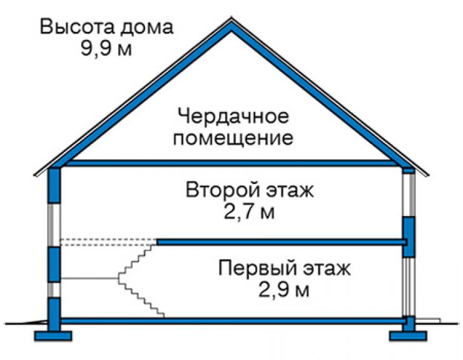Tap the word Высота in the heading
(x=77, y=26)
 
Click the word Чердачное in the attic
(x=233, y=116)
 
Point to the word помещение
(x=233, y=138)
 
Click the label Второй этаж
(x=250, y=190)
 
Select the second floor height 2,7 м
(x=249, y=212)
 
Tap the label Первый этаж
(x=285, y=268)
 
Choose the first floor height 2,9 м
(x=284, y=290)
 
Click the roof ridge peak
(x=232, y=18)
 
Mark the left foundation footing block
(x=53, y=336)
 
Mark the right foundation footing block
(x=408, y=336)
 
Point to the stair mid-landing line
(x=89, y=279)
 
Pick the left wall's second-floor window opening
(x=54, y=225)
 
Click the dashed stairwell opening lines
(x=108, y=242)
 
